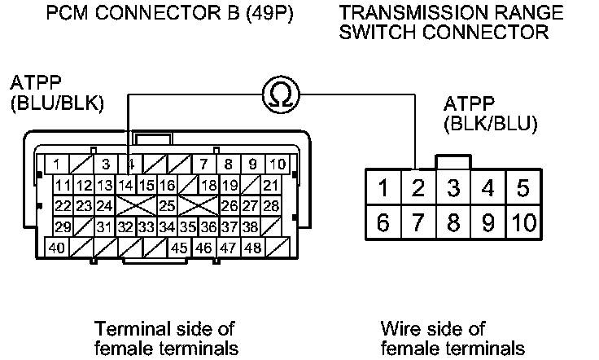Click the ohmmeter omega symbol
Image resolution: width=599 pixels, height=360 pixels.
coord(281,97)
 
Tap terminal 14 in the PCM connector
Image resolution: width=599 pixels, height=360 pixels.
coord(125,186)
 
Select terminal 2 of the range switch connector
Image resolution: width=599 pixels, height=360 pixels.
coord(418,190)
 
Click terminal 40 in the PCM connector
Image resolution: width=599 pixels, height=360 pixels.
coord(57,248)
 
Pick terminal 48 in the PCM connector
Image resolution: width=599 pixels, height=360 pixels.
coord(252,248)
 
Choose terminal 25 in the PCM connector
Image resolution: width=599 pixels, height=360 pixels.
coord(167,206)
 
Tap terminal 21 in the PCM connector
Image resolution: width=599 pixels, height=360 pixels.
coord(271,186)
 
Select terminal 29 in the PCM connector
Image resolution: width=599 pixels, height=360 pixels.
coord(63,226)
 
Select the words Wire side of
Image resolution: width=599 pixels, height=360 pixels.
coord(433,329)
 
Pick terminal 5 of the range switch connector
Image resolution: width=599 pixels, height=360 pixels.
coord(523,190)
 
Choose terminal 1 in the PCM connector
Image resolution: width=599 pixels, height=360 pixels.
coord(57,165)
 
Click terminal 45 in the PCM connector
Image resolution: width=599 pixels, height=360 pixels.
coord(181,248)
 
